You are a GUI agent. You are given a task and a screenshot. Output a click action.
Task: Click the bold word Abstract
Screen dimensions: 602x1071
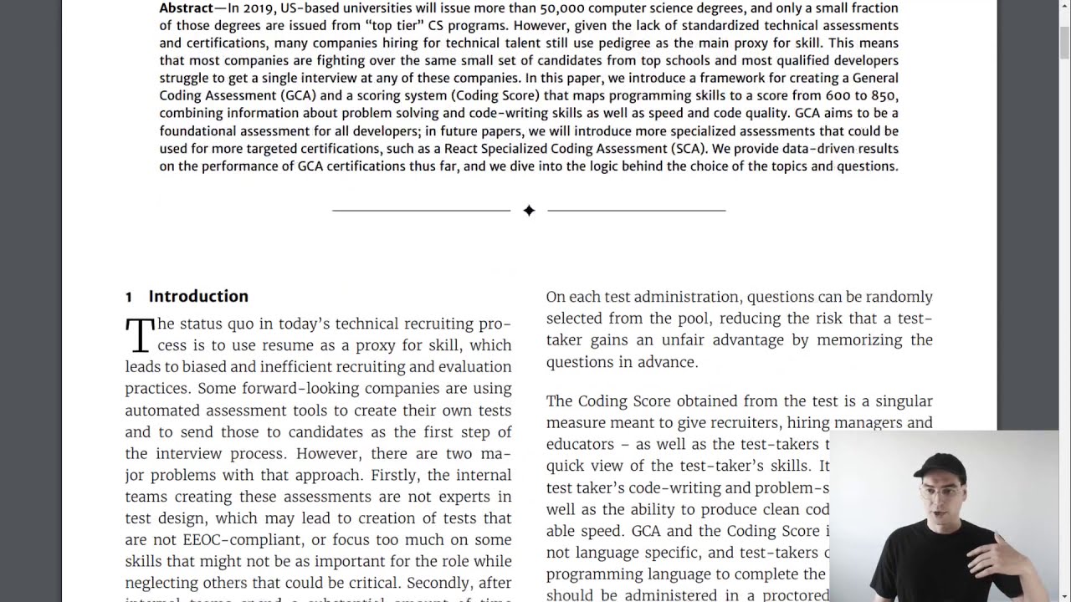coord(187,8)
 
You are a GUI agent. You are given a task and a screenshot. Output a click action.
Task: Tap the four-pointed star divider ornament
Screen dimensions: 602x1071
coord(529,211)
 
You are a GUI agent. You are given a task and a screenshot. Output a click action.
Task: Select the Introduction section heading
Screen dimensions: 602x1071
coord(198,296)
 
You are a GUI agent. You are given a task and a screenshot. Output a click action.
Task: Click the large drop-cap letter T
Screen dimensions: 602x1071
coord(140,334)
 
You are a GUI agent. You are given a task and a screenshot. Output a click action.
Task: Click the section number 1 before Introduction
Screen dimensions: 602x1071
coord(129,297)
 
